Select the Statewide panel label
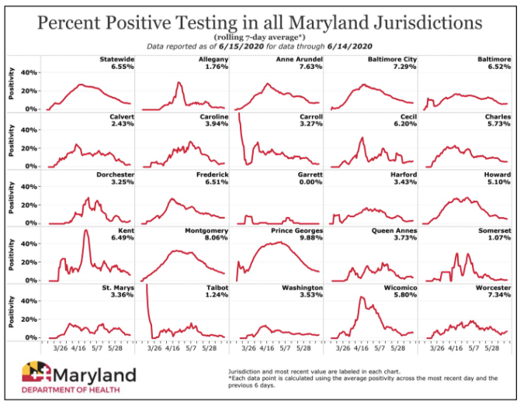pyautogui.click(x=117, y=59)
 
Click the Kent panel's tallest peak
pyautogui.click(x=85, y=231)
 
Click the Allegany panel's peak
pyautogui.click(x=179, y=82)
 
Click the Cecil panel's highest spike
pyautogui.click(x=362, y=138)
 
